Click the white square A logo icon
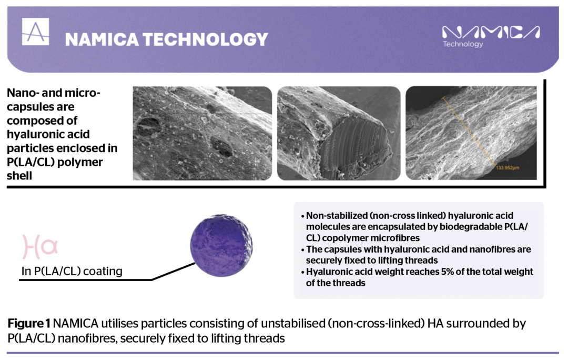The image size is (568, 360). pyautogui.click(x=36, y=32)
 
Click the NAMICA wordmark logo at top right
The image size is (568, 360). pyautogui.click(x=491, y=32)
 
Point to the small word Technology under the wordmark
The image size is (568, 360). pyautogui.click(x=463, y=44)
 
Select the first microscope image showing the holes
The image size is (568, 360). pyautogui.click(x=202, y=133)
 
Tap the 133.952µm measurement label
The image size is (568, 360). pyautogui.click(x=508, y=169)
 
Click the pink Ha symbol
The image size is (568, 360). pyautogui.click(x=39, y=246)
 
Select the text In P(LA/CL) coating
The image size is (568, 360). pyautogui.click(x=72, y=272)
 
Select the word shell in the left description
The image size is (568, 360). pyautogui.click(x=19, y=176)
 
